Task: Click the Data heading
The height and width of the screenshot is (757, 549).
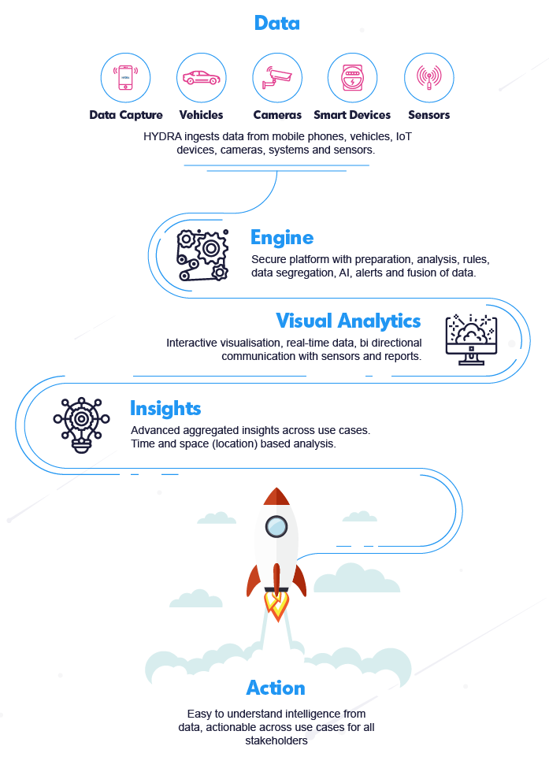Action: [276, 23]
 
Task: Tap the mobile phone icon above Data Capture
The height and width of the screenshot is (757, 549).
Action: [125, 77]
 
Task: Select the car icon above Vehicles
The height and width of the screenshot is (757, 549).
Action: [202, 77]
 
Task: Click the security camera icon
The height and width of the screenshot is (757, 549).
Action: [277, 77]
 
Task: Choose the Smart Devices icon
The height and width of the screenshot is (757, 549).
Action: [352, 77]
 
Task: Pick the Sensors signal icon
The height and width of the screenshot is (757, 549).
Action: [428, 77]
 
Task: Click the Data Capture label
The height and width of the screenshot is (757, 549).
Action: [126, 115]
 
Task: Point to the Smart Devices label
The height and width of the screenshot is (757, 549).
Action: [352, 115]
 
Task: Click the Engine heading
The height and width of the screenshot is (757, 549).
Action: [282, 237]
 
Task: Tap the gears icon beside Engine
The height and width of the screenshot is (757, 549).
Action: [203, 254]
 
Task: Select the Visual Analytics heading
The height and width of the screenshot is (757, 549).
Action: [348, 321]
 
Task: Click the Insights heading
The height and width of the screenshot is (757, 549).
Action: [165, 408]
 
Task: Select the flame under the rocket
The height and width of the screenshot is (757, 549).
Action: [276, 605]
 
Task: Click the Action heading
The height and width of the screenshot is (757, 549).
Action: [276, 688]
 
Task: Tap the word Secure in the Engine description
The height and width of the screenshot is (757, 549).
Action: [269, 259]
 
